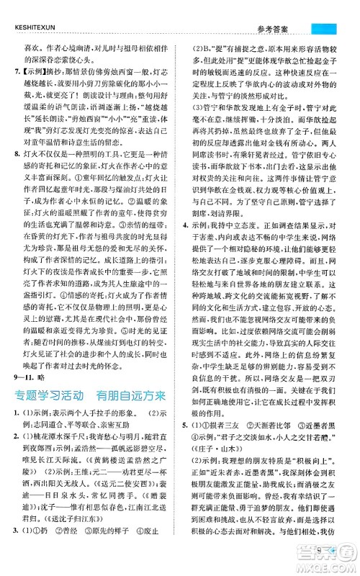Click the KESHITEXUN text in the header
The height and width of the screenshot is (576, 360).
(x=40, y=9)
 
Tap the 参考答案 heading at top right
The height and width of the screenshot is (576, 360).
(x=282, y=9)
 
